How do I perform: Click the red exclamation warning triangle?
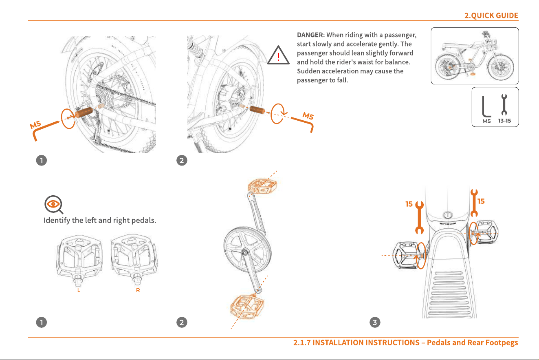pos(278,55)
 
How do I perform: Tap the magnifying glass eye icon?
pos(53,204)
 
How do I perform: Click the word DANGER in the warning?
pos(310,35)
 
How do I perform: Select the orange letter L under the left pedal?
pos(79,290)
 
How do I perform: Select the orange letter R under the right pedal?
pos(138,290)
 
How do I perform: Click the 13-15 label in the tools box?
pos(504,121)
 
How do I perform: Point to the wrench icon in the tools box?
pos(504,104)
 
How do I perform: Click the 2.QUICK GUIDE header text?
pos(491,15)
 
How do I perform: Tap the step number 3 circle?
pos(375,322)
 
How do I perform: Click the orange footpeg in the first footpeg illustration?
pos(84,112)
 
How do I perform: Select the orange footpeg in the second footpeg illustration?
pos(257,109)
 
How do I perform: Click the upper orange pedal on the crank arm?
pos(262,186)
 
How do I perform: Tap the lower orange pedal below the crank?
pos(247,306)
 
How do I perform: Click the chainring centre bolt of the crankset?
pos(245,253)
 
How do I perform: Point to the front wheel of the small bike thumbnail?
pos(500,67)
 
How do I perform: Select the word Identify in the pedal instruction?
pos(57,220)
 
